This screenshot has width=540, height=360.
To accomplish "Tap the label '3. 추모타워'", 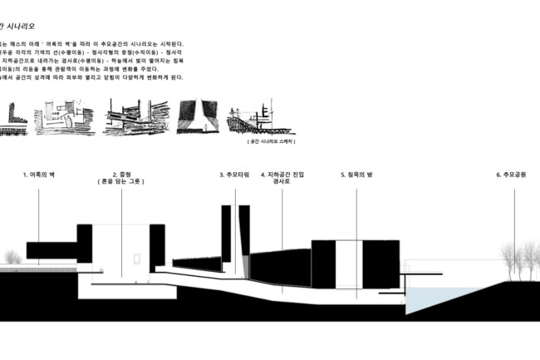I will coord(234,175).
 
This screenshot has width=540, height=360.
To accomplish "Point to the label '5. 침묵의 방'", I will coord(357,175).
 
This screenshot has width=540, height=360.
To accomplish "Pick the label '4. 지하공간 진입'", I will coord(282,175).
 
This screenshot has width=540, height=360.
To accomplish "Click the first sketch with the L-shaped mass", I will coord(16,117).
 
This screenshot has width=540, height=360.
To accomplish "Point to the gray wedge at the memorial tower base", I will coord(245,266).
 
